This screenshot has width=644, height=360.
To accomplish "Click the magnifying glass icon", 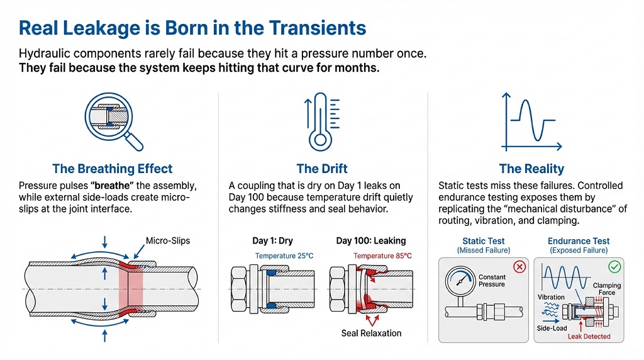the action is click(x=109, y=116).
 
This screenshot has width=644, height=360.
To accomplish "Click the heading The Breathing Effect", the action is click(x=112, y=169).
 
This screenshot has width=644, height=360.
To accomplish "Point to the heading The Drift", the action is click(x=322, y=169).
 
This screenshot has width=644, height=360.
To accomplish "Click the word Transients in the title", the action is click(x=318, y=28).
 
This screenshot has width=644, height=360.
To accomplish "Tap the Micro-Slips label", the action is click(x=168, y=240).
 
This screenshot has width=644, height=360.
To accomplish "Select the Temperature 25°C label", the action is click(x=284, y=256).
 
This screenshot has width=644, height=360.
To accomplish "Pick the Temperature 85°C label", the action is click(x=382, y=256).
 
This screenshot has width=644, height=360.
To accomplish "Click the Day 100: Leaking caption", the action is click(x=371, y=240).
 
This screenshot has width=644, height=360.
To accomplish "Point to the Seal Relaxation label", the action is click(x=371, y=333).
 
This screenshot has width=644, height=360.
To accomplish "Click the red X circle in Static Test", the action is click(x=519, y=267).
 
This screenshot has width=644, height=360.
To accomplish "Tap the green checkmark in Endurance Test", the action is click(x=614, y=267).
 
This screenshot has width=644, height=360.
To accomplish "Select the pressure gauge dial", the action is click(x=460, y=281).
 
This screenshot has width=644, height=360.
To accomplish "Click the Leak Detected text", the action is click(x=589, y=336).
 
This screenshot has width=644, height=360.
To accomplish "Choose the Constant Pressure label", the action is click(x=492, y=280).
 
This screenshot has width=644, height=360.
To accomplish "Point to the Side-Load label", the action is click(x=552, y=328).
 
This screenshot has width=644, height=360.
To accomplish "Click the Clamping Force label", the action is click(x=607, y=289).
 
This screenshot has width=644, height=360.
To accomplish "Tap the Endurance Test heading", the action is click(x=579, y=241).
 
